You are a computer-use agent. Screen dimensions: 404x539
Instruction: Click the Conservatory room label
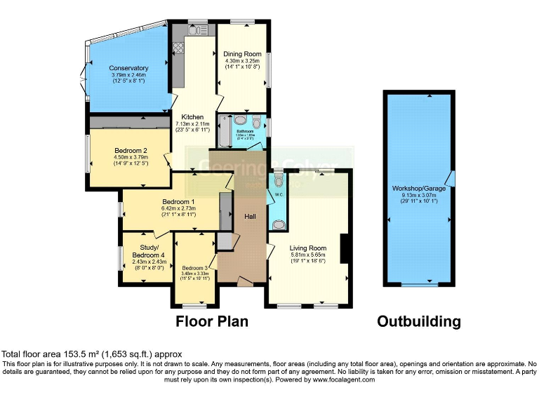pos(129,68)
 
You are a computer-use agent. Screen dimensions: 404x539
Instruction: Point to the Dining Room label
pos(242,54)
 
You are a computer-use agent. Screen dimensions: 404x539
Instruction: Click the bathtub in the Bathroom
pos(225,130)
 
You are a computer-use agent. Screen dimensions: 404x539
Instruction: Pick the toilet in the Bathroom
pos(258,120)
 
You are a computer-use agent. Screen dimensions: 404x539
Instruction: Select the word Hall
pos(249,216)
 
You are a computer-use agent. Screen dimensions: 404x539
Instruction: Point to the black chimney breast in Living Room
pos(344,249)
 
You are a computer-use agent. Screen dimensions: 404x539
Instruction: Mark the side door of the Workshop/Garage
pos(451,179)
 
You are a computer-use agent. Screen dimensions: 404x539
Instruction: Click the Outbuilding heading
pos(418,322)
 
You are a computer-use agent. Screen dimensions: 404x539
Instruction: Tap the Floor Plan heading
pos(212,322)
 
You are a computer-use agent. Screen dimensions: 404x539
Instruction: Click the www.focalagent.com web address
pos(338,379)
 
